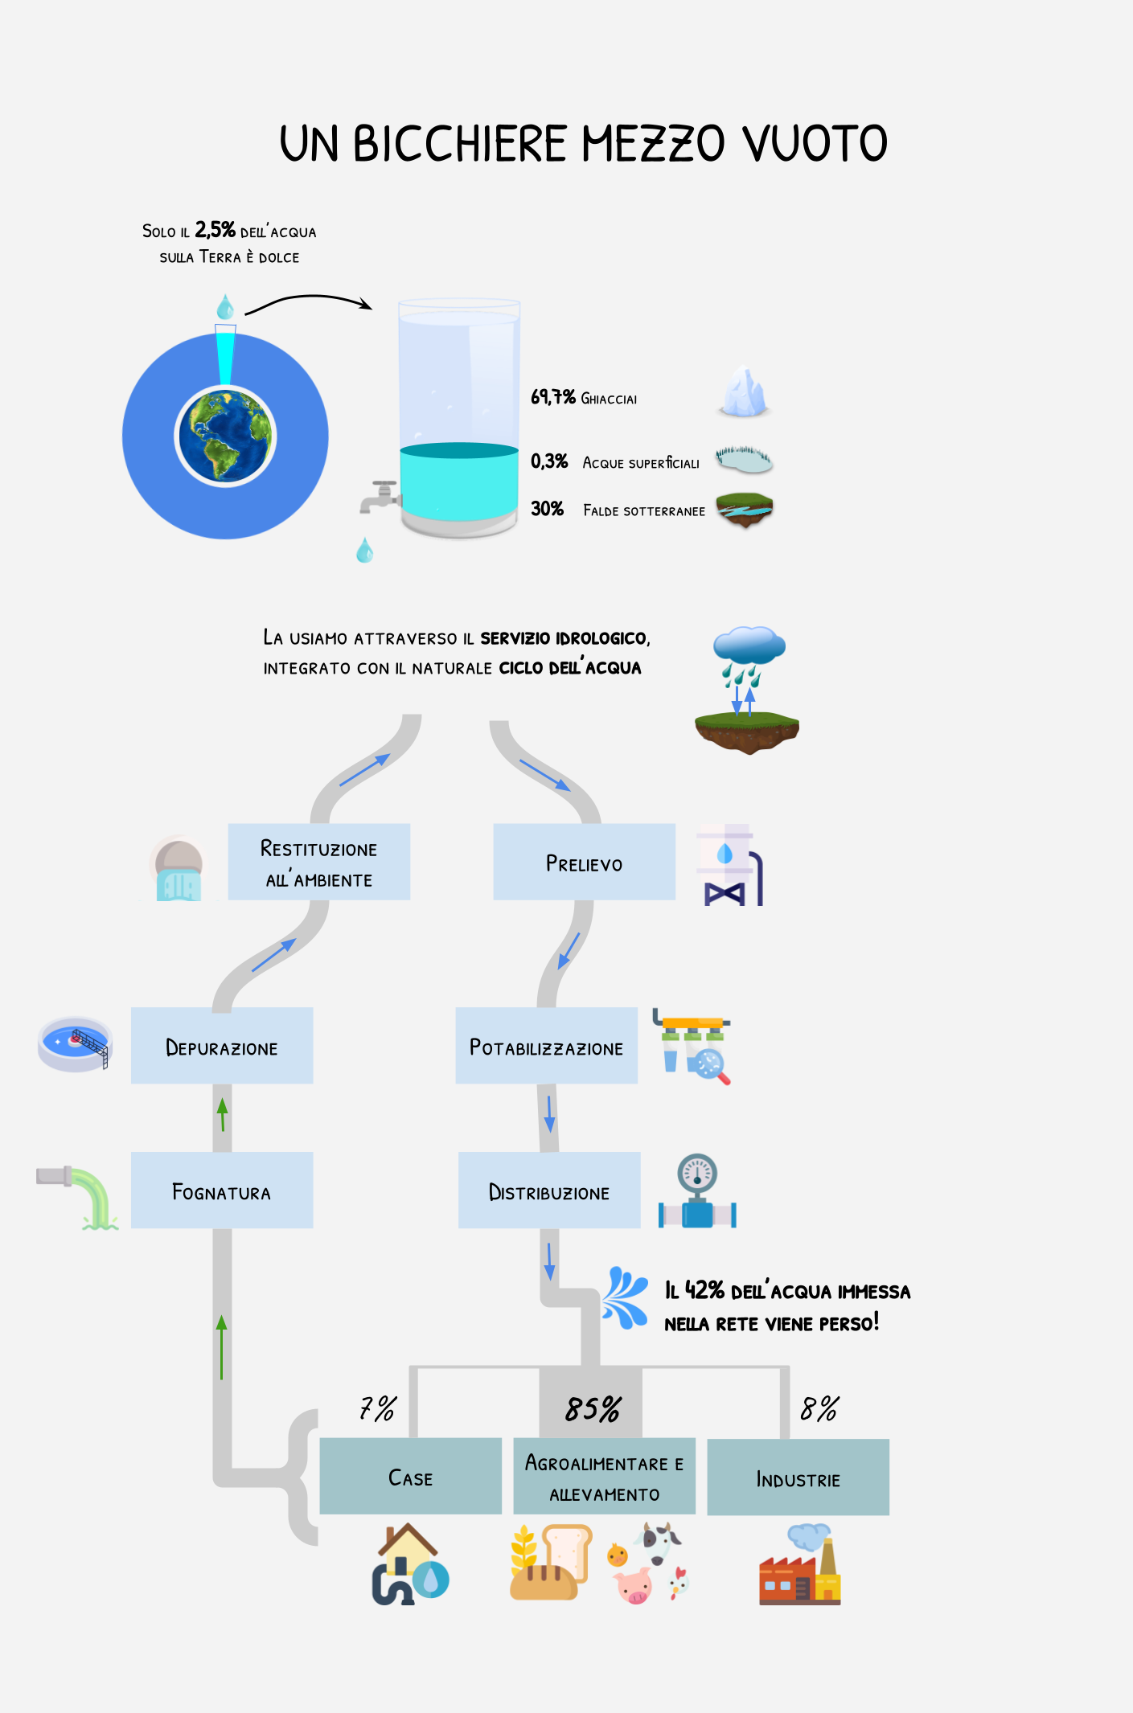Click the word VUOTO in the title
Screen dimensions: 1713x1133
[x=814, y=145]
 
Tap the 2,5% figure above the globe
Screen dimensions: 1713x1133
[x=215, y=231]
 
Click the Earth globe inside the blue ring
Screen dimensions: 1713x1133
[x=225, y=436]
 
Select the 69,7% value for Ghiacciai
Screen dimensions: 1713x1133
[x=552, y=397]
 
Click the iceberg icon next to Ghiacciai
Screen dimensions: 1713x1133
[x=744, y=392]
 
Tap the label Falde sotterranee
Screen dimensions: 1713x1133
[x=644, y=511]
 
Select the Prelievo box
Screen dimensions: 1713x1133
[x=584, y=862]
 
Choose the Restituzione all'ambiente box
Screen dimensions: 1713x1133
[x=319, y=862]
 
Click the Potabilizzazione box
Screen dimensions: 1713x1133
[x=546, y=1046]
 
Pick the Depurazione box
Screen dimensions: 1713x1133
[x=222, y=1046]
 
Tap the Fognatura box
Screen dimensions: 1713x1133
[x=222, y=1190]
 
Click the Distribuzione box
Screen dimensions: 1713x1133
[x=549, y=1190]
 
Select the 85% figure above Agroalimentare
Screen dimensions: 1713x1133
[x=593, y=1409]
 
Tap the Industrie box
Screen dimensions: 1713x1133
[x=798, y=1477]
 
